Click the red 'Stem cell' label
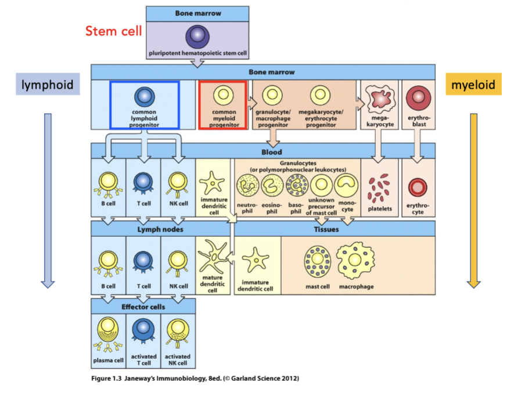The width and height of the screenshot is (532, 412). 113,31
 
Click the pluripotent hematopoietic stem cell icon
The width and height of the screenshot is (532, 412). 197,37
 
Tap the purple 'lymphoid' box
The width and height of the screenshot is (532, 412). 48,85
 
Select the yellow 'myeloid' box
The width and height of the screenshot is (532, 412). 473,85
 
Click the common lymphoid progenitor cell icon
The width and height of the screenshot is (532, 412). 144,96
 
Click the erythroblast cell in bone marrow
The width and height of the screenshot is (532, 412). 419,98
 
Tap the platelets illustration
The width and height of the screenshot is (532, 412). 380,189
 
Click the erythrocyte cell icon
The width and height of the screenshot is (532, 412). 418,187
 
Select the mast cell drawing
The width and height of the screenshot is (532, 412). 317,262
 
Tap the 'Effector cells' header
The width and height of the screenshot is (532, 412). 143,306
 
